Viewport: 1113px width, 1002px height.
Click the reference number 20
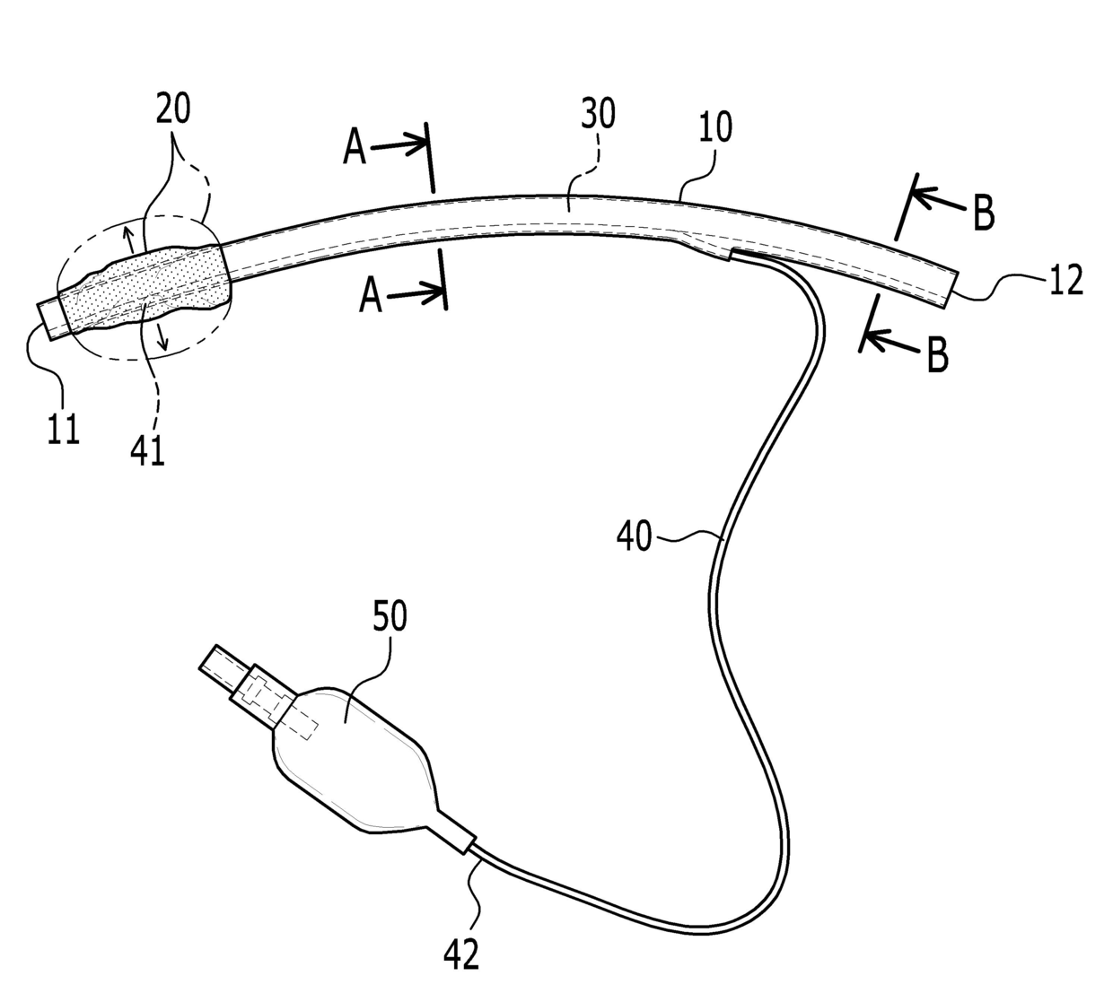click(x=173, y=110)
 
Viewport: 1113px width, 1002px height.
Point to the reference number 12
click(x=1065, y=281)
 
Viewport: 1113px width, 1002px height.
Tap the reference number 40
click(x=634, y=538)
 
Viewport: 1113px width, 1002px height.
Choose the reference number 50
click(x=388, y=617)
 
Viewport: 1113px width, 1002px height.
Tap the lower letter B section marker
click(x=936, y=355)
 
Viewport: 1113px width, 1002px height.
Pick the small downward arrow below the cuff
click(x=162, y=337)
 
